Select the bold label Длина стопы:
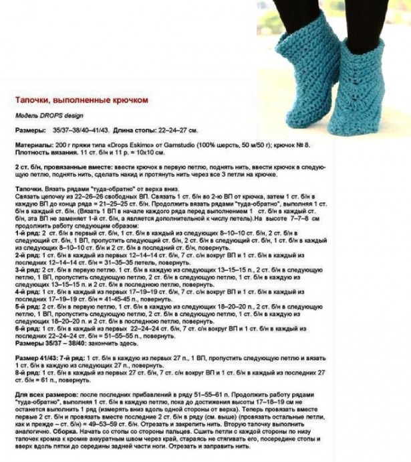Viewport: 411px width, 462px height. [x=127, y=129]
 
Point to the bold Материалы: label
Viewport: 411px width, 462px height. [x=31, y=145]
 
